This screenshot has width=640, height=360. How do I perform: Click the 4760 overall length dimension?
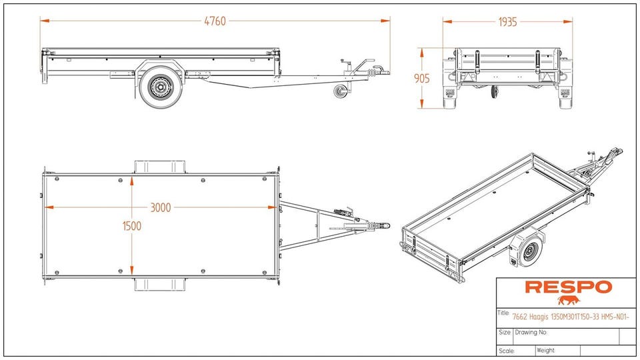(x=215, y=21)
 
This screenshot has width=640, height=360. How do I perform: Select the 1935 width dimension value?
(x=507, y=21)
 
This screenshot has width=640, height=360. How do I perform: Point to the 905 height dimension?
(x=421, y=78)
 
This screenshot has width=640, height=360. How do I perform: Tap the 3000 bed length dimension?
(x=160, y=207)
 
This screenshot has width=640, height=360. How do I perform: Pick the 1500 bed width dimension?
(x=132, y=226)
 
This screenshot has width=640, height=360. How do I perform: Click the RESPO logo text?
(x=568, y=287)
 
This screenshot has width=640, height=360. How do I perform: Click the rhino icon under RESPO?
(x=569, y=300)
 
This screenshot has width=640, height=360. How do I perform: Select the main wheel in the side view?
(x=160, y=87)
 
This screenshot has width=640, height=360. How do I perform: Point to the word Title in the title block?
(x=504, y=313)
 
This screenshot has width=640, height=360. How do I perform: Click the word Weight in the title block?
(x=545, y=350)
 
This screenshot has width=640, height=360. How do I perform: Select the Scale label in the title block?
(x=506, y=350)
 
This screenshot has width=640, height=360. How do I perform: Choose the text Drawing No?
(x=531, y=331)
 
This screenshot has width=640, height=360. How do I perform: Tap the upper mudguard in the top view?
(x=161, y=165)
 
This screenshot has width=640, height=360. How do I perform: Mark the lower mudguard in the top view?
(x=161, y=285)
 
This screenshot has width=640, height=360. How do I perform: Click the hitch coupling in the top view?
(x=377, y=226)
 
